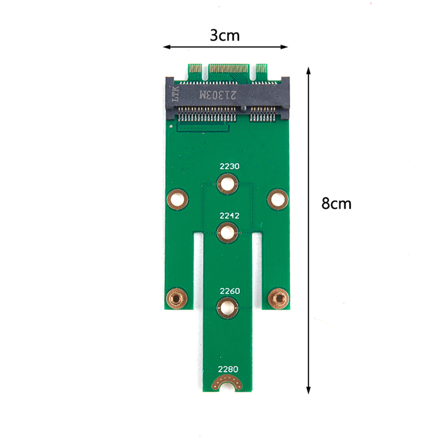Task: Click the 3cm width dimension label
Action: click(x=225, y=36)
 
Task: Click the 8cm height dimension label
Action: click(x=336, y=204)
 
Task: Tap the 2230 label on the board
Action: click(x=229, y=166)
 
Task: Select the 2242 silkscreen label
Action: click(x=229, y=216)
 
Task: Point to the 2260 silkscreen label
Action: click(x=230, y=291)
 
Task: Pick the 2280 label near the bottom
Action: click(x=228, y=369)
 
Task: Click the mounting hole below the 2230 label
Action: click(x=227, y=184)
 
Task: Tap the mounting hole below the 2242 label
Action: click(x=227, y=232)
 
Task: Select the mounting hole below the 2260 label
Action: click(x=227, y=308)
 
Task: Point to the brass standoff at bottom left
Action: click(x=177, y=298)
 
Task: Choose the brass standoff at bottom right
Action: click(x=278, y=298)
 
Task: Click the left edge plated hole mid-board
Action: click(x=177, y=199)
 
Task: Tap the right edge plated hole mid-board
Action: click(x=277, y=199)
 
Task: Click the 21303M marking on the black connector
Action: click(x=218, y=95)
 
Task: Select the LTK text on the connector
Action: click(x=175, y=94)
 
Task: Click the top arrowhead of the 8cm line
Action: click(x=308, y=70)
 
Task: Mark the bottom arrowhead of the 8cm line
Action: click(x=308, y=390)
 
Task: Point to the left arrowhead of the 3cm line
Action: click(x=167, y=47)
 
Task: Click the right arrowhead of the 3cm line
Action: click(x=284, y=47)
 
